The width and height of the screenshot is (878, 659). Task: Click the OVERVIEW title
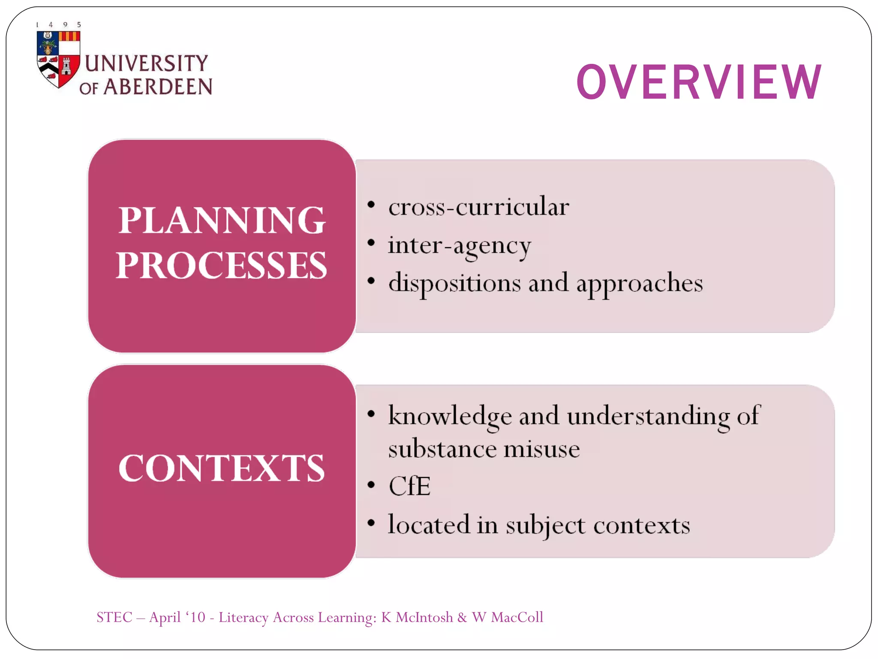(699, 82)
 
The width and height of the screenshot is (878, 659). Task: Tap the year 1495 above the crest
(58, 24)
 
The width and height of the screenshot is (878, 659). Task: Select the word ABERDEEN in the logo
(158, 87)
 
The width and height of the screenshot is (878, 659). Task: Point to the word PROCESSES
(222, 266)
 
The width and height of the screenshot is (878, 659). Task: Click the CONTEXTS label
(222, 468)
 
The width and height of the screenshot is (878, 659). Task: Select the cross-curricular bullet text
(478, 207)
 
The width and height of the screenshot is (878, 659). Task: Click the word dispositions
(454, 284)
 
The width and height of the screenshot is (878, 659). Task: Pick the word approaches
(639, 284)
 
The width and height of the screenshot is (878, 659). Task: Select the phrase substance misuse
(484, 449)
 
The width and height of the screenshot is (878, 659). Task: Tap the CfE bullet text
(409, 486)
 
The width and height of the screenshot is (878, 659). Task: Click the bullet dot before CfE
(371, 485)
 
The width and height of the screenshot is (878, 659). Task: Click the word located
(429, 524)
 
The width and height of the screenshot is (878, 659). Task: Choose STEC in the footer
(114, 617)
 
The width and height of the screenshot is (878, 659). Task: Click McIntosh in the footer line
(424, 617)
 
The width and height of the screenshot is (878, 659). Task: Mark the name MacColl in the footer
(517, 617)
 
